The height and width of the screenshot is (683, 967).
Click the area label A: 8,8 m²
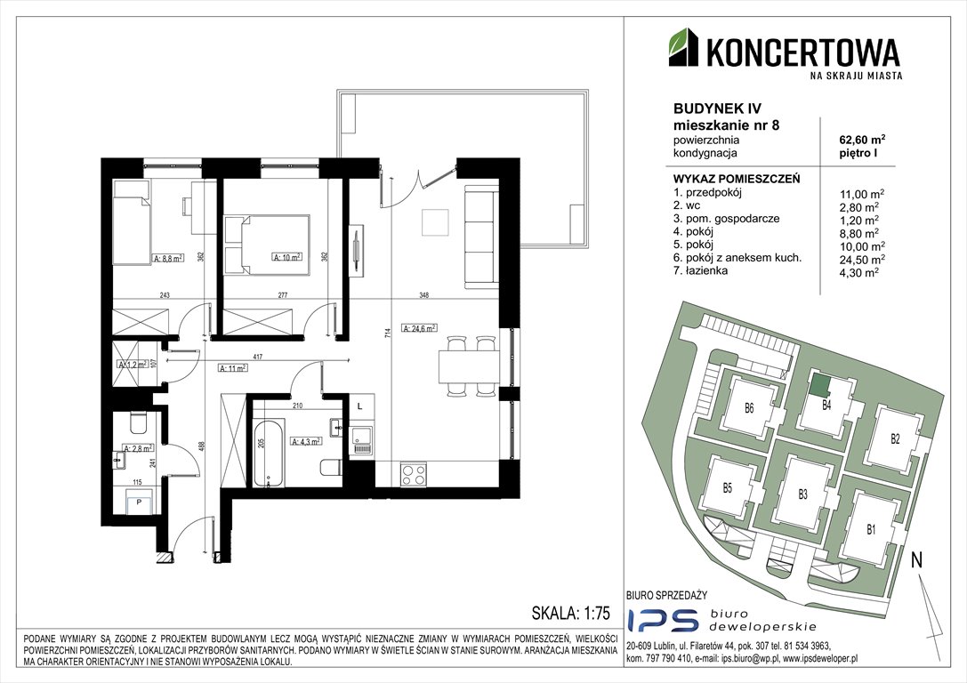(x=167, y=259)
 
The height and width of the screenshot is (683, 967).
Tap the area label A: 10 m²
(x=286, y=258)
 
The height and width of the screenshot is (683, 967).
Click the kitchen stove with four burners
(x=414, y=474)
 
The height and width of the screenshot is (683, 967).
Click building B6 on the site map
(x=749, y=409)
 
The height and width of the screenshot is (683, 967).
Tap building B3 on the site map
(x=802, y=494)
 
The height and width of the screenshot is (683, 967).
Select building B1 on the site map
(x=871, y=530)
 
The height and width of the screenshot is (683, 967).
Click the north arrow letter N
(x=915, y=561)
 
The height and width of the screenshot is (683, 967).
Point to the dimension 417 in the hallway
(x=257, y=357)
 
